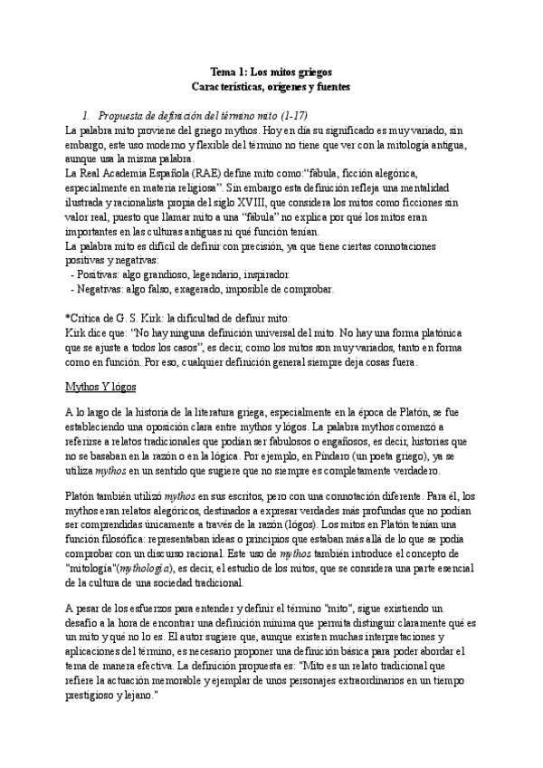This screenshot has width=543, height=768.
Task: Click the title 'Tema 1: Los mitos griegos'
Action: [271, 71]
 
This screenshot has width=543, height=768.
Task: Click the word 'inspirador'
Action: [265, 273]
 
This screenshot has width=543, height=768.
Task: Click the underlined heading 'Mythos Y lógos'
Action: [100, 387]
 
